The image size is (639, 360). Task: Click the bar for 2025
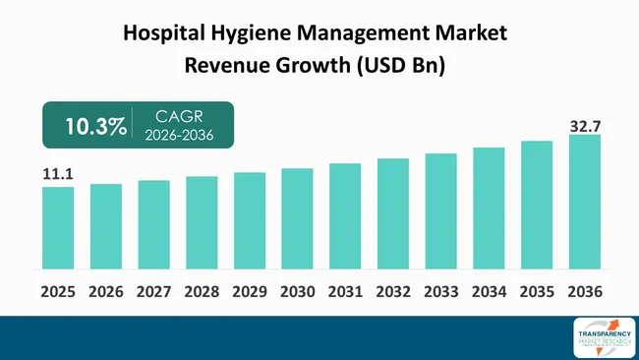pos(58,227)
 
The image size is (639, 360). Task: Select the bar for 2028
pos(202,222)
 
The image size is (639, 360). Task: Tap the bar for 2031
pos(345,215)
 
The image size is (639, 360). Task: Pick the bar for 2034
pos(489,208)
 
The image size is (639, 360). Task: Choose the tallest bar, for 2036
pos(584,201)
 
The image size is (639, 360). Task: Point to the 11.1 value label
pos(58,175)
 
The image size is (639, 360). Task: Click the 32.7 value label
pos(584,126)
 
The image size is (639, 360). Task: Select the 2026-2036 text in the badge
pos(178,137)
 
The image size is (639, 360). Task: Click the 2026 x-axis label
pos(106,292)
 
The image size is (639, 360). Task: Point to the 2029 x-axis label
pos(250,292)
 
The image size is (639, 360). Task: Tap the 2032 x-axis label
pos(393,292)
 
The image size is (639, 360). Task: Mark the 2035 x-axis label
pos(537,292)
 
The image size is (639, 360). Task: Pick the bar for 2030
pos(297,218)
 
